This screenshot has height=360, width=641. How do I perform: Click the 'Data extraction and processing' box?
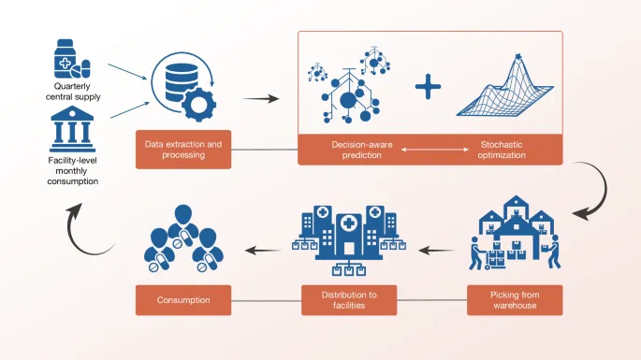click(x=183, y=149)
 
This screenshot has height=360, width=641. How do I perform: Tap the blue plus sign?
click(x=429, y=87)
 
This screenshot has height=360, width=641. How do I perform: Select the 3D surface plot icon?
click(x=506, y=90)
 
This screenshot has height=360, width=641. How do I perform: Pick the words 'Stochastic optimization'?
click(x=503, y=150)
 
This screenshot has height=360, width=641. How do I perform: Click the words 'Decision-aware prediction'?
click(x=357, y=150)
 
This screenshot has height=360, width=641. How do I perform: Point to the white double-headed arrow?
click(x=430, y=150)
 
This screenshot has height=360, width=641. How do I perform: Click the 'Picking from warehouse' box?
click(x=515, y=300)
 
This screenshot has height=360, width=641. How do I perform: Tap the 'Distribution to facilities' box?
click(x=347, y=300)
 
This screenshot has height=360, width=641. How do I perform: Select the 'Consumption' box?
click(x=183, y=300)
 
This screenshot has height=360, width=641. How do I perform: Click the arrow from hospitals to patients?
click(x=263, y=249)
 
